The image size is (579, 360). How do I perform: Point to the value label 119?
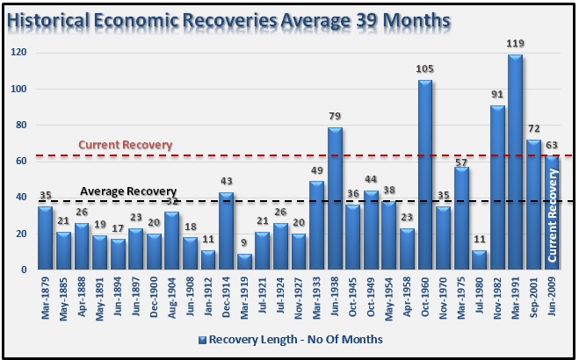(x=515, y=44)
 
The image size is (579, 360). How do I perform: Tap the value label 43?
(x=227, y=183)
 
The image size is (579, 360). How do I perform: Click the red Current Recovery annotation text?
(x=126, y=145)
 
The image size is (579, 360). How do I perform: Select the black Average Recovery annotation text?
(x=128, y=191)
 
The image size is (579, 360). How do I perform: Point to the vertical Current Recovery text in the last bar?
(x=553, y=218)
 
